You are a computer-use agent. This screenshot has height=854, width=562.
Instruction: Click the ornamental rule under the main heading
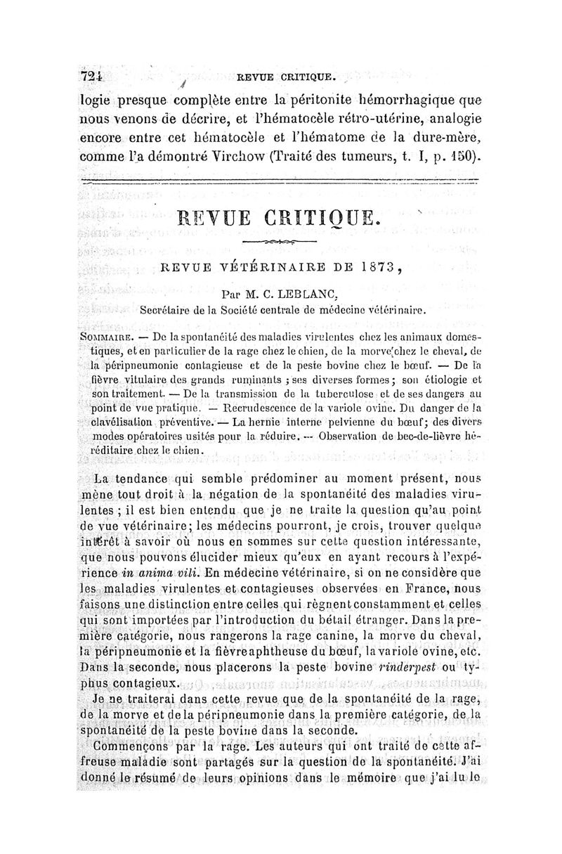(279, 241)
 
